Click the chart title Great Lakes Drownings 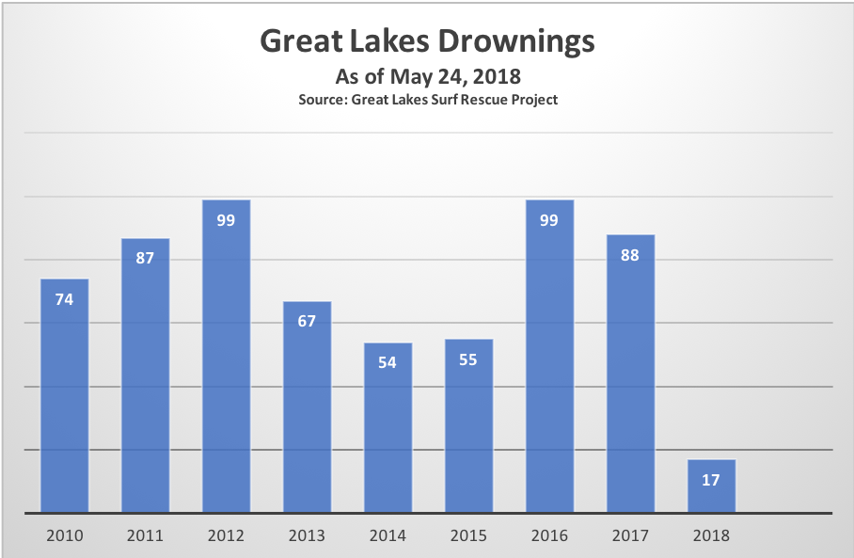pyautogui.click(x=426, y=41)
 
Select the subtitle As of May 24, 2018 pyautogui.click(x=426, y=76)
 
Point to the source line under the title pyautogui.click(x=428, y=99)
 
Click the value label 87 pyautogui.click(x=145, y=258)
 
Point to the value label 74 pyautogui.click(x=64, y=299)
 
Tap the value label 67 pyautogui.click(x=307, y=321)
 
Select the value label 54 pyautogui.click(x=387, y=362)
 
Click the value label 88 pyautogui.click(x=630, y=254)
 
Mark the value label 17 pyautogui.click(x=711, y=480)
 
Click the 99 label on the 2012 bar pyautogui.click(x=226, y=220)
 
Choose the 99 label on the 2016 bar pyautogui.click(x=549, y=220)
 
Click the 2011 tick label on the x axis pyautogui.click(x=145, y=535)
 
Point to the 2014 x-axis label pyautogui.click(x=387, y=535)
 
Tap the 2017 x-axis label pyautogui.click(x=630, y=535)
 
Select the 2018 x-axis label pyautogui.click(x=711, y=535)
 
